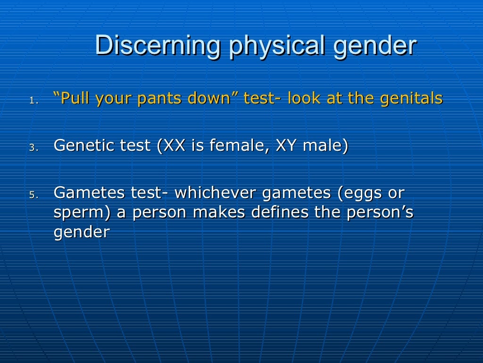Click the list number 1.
coord(32,100)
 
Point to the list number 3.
coord(32,147)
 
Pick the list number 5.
coord(32,195)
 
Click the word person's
coord(380,212)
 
